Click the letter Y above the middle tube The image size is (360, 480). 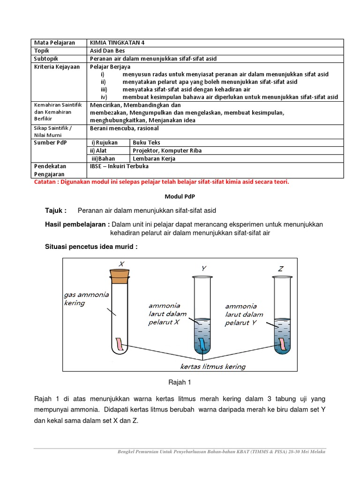click(204, 269)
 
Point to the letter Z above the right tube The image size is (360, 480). click(281, 269)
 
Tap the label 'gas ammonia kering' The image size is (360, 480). click(86, 299)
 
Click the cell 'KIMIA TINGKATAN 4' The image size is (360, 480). click(117, 43)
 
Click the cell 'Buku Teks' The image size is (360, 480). click(146, 142)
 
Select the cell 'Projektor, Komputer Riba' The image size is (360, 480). click(167, 150)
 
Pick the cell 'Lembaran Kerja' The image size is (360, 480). click(154, 158)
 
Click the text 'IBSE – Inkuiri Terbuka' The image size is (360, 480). click(119, 166)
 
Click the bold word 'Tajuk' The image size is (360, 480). click(55, 210)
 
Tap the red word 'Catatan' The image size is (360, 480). click(48, 182)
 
